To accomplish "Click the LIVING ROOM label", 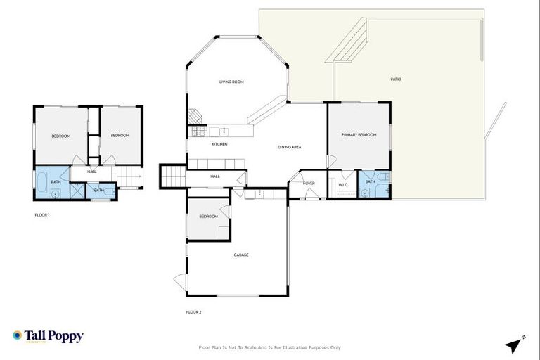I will tap(231, 82).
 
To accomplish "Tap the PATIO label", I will tap(396, 79).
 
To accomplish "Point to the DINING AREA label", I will tap(290, 147).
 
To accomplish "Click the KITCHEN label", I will tap(219, 144).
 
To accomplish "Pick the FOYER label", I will tap(309, 184).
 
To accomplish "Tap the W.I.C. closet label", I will tap(344, 185).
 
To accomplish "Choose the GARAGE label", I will tap(241, 255).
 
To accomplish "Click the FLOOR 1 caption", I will tap(42, 214).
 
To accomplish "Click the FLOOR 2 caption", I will tap(193, 311).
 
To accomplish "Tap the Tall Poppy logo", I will tap(48, 336).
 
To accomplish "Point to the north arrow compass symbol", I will tap(515, 345).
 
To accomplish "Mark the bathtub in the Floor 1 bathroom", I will tap(41, 184).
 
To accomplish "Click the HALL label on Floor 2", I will tap(215, 176).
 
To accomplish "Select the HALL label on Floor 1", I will tap(92, 172).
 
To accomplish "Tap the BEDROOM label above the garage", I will tap(207, 217).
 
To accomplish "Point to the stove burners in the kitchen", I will tap(198, 131).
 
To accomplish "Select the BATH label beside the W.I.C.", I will tap(370, 182).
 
